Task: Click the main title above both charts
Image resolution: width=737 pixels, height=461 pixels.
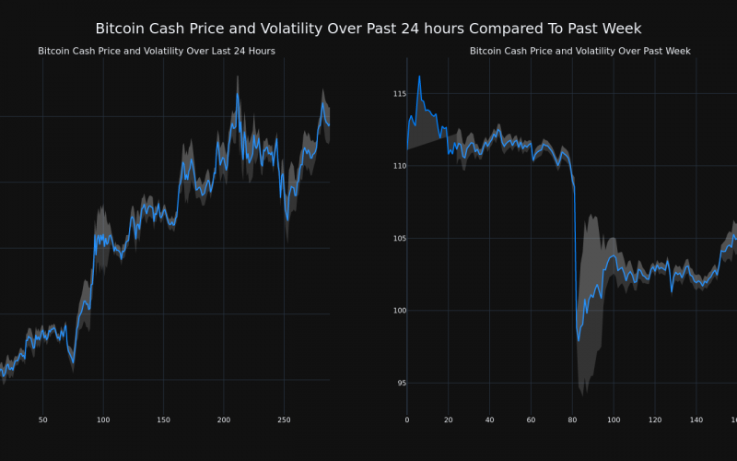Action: (x=368, y=30)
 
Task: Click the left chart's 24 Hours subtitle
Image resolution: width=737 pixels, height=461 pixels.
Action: (x=157, y=51)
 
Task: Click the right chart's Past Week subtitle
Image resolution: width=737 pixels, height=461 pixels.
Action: (x=579, y=51)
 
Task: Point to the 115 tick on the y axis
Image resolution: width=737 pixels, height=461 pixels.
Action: (x=399, y=94)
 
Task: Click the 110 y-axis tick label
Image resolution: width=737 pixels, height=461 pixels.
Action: (x=399, y=166)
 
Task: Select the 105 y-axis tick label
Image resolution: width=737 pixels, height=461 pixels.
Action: (x=399, y=238)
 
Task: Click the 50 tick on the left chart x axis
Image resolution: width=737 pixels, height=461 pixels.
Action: (x=42, y=420)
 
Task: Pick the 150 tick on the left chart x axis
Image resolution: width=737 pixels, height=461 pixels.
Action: (x=163, y=420)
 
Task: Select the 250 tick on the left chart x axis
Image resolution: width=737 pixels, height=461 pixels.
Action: (x=284, y=420)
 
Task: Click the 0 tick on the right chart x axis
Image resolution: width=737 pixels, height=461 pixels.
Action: (x=407, y=420)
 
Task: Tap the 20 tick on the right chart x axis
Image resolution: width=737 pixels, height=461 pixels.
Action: (x=449, y=420)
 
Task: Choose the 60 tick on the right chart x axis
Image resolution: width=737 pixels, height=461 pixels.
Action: (x=531, y=420)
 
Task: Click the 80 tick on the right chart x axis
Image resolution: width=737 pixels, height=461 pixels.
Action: (x=572, y=420)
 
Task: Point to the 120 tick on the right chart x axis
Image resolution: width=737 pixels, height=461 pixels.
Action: (x=655, y=420)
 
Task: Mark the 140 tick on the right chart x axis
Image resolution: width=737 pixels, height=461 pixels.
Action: (x=696, y=420)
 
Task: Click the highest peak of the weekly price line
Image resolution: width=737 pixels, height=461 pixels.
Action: (x=419, y=77)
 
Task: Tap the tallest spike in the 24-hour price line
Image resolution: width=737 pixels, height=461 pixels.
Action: (x=237, y=91)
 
